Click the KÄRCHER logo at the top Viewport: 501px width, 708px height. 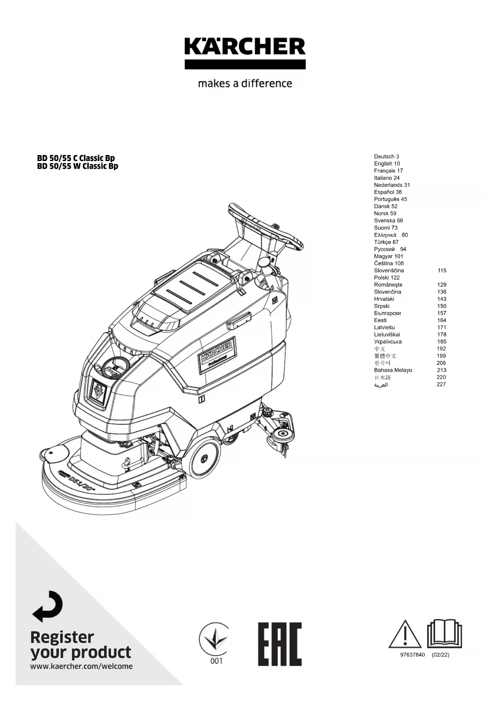[245, 53]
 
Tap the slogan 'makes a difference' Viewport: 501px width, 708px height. [245, 84]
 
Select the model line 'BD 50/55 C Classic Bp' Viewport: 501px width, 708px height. [76, 158]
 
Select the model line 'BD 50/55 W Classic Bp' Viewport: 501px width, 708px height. [78, 166]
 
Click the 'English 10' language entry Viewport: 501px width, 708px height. [387, 163]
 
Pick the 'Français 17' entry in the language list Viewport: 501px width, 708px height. [388, 171]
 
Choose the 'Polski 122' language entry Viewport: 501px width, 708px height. [387, 277]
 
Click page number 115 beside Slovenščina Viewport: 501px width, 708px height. [442, 270]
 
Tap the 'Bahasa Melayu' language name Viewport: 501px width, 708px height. [393, 370]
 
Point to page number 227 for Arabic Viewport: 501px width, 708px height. [441, 384]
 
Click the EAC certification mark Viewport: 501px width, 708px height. [280, 644]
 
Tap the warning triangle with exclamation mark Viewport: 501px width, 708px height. [405, 634]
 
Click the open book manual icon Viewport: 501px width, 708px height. [444, 634]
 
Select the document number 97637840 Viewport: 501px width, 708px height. [413, 655]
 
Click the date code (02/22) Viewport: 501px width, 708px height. [440, 655]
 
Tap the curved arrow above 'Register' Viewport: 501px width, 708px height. [48, 606]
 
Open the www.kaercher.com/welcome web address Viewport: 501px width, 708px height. [82, 666]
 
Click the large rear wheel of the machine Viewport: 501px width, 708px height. [204, 459]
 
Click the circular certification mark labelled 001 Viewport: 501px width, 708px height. [214, 644]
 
